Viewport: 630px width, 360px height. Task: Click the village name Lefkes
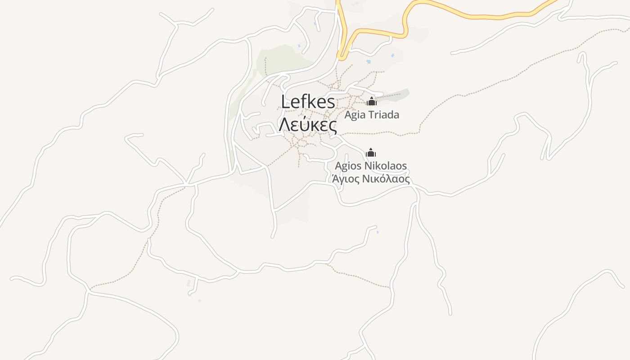308,102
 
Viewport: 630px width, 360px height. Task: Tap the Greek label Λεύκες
308,125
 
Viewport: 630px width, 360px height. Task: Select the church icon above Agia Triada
371,102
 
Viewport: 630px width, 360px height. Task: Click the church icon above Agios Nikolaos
370,153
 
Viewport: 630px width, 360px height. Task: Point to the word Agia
354,115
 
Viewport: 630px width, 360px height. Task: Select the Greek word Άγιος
346,179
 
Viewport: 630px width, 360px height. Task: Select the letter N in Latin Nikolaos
370,166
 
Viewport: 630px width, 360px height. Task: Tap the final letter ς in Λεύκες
332,126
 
